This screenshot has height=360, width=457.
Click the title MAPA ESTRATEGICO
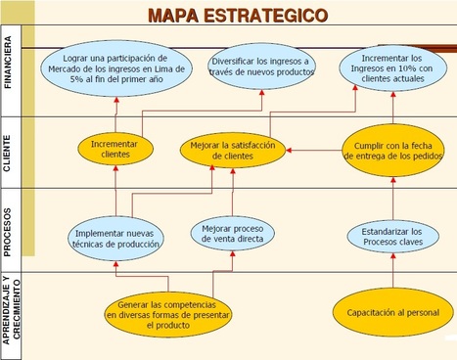(238, 16)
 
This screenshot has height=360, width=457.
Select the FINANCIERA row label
(8, 62)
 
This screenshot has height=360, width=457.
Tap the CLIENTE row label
(7, 154)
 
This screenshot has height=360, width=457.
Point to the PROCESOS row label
(7, 232)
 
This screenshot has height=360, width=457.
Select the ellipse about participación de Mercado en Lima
(116, 68)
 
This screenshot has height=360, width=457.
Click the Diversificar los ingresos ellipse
(261, 67)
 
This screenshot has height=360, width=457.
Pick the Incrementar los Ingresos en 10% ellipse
(393, 68)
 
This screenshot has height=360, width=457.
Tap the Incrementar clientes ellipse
(115, 149)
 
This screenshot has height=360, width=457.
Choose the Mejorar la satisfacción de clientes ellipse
(233, 151)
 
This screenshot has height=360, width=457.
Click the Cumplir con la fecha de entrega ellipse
(393, 151)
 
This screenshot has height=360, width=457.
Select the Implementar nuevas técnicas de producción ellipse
(115, 239)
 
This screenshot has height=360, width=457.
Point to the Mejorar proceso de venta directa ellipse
(233, 234)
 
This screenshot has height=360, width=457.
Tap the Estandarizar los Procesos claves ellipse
(393, 237)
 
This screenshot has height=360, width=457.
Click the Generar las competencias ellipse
(168, 315)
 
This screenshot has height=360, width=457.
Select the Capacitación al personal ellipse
(393, 312)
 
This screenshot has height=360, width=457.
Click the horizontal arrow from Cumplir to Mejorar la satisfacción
(314, 151)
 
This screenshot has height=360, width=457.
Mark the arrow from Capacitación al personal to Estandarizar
(393, 271)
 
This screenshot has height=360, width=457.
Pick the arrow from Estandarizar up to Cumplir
(393, 199)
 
